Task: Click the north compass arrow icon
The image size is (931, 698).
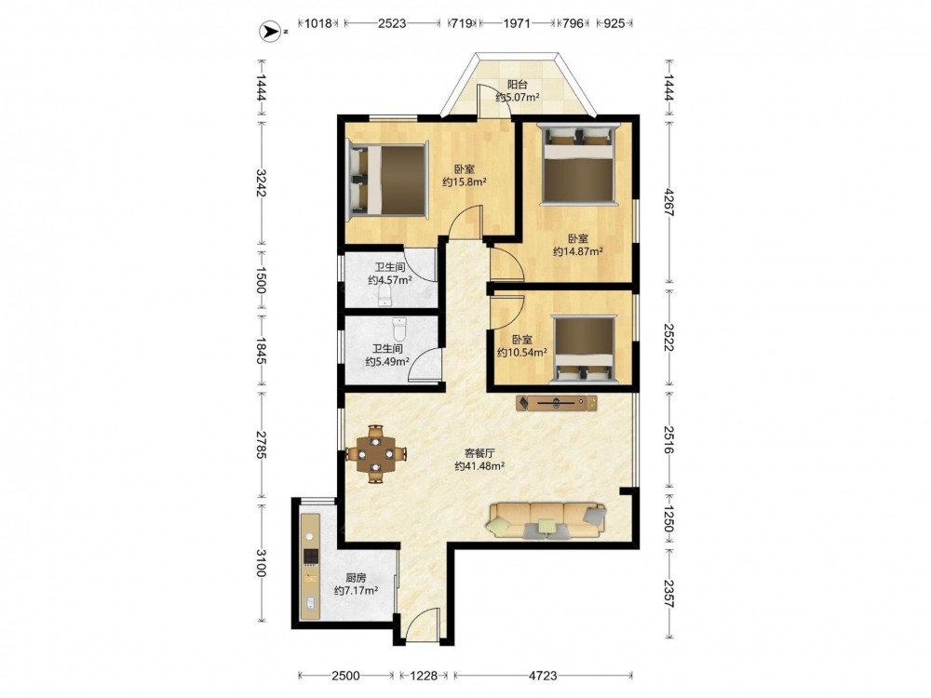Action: (x=272, y=31)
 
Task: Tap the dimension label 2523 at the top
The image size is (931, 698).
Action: (x=392, y=23)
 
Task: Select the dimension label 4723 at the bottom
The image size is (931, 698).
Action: (x=543, y=676)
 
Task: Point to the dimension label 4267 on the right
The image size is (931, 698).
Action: (x=668, y=202)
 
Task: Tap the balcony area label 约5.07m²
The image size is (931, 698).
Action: (x=518, y=97)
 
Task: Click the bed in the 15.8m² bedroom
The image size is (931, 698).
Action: (x=387, y=179)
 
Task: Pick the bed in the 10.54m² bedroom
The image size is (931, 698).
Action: (x=585, y=349)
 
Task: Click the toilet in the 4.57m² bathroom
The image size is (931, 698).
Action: (x=385, y=296)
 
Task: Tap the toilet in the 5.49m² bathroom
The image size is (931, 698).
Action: (x=399, y=329)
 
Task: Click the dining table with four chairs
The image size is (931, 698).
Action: (x=376, y=455)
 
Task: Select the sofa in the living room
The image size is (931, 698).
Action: (x=546, y=521)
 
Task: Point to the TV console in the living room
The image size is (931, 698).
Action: (x=557, y=403)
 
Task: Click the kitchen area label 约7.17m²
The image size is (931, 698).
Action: (x=357, y=591)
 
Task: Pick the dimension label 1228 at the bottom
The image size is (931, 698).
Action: (x=423, y=676)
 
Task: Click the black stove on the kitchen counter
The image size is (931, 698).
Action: (x=311, y=557)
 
